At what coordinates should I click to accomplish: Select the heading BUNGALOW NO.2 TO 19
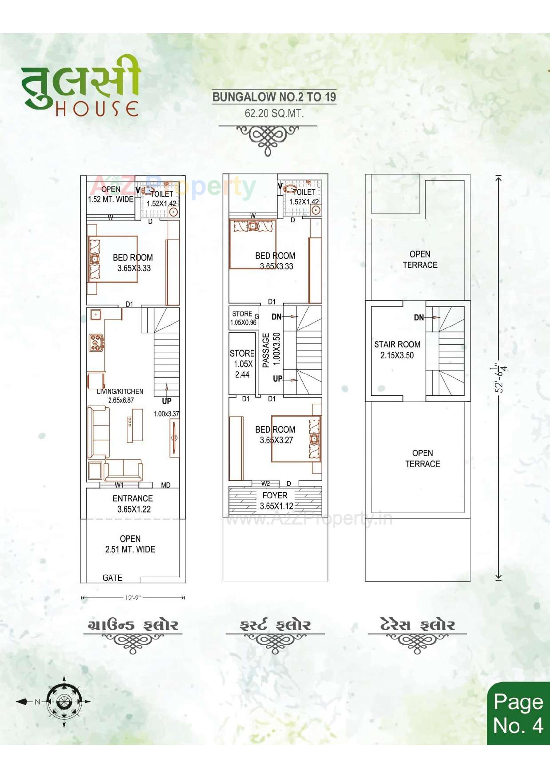pyautogui.click(x=274, y=97)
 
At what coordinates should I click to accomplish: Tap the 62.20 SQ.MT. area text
pyautogui.click(x=274, y=113)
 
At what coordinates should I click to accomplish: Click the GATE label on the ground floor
pyautogui.click(x=112, y=578)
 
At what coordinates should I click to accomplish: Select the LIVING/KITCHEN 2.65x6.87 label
pyautogui.click(x=121, y=396)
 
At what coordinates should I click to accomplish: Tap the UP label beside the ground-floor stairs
pyautogui.click(x=166, y=401)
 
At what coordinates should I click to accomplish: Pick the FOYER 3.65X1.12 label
pyautogui.click(x=275, y=500)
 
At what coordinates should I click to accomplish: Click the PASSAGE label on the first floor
pyautogui.click(x=266, y=350)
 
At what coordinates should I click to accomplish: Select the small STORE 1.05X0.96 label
pyautogui.click(x=243, y=318)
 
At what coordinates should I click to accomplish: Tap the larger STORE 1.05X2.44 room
pyautogui.click(x=242, y=364)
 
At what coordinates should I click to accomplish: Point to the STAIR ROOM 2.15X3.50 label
pyautogui.click(x=397, y=350)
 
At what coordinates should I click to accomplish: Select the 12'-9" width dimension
pyautogui.click(x=133, y=598)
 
